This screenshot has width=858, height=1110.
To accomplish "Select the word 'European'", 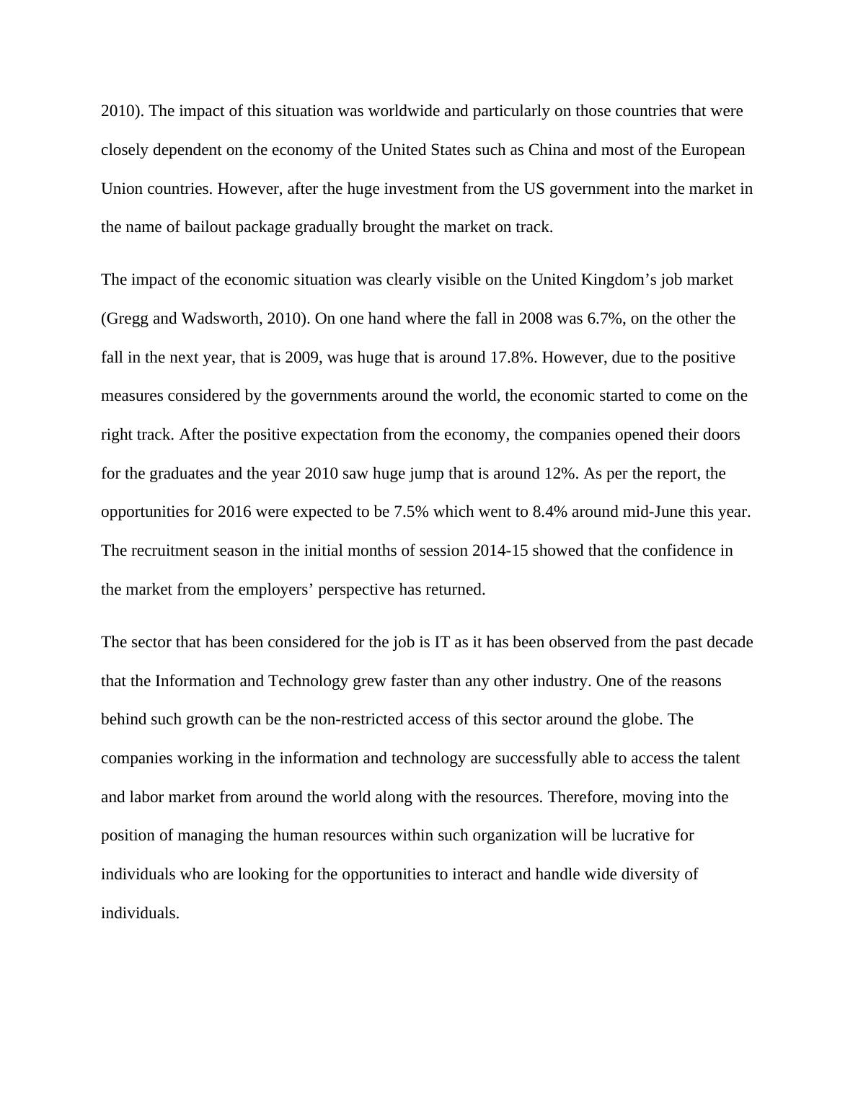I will (713, 150).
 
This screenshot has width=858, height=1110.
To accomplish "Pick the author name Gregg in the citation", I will (127, 319).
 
